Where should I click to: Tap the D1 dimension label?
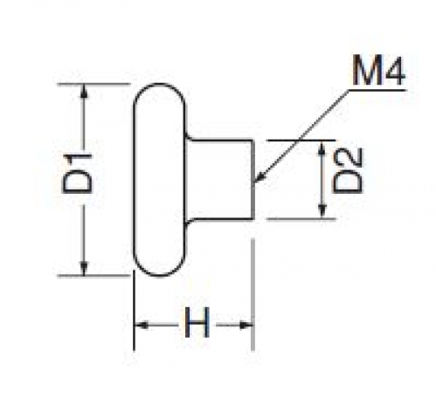pyautogui.click(x=77, y=174)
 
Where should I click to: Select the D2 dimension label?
pyautogui.click(x=348, y=170)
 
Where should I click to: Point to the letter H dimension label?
pyautogui.click(x=197, y=323)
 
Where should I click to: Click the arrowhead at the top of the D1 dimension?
pyautogui.click(x=84, y=91)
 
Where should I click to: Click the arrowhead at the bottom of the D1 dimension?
pyautogui.click(x=84, y=268)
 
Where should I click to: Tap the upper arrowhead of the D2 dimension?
pyautogui.click(x=322, y=148)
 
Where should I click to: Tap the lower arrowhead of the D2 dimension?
pyautogui.click(x=322, y=210)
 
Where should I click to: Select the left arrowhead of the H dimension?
pyautogui.click(x=142, y=325)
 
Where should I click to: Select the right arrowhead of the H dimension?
pyautogui.click(x=246, y=325)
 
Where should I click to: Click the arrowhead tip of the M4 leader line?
pyautogui.click(x=254, y=182)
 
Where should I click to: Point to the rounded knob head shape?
pyautogui.click(x=135, y=180)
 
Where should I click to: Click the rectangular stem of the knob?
pyautogui.click(x=253, y=179)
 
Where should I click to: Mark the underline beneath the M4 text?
pyautogui.click(x=377, y=90)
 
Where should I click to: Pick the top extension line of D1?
pyautogui.click(x=93, y=84)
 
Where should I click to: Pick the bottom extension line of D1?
pyautogui.click(x=93, y=276)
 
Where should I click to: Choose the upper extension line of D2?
pyautogui.click(x=301, y=141)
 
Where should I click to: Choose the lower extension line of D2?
pyautogui.click(x=301, y=218)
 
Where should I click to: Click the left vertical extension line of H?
pyautogui.click(x=134, y=310)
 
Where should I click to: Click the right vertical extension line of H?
pyautogui.click(x=253, y=294)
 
